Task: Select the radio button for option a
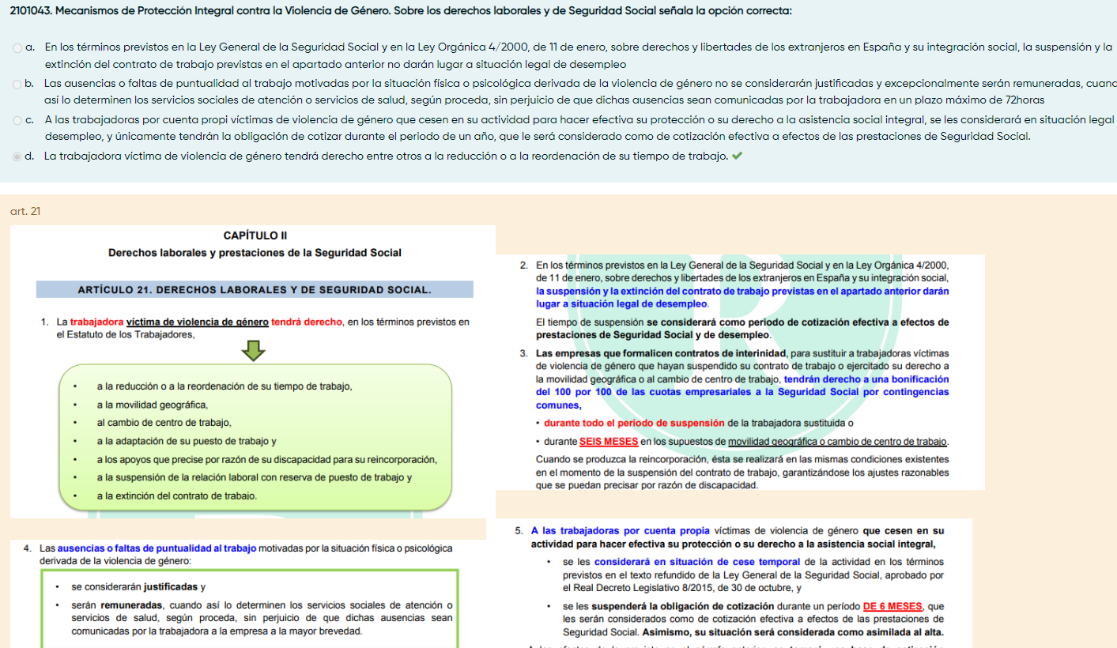(x=17, y=48)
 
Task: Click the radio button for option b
(x=17, y=83)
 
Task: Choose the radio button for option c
(x=17, y=120)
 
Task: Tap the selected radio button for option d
(x=17, y=156)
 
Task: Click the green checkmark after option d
(x=738, y=156)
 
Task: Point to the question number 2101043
(x=31, y=11)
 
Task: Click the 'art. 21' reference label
(x=25, y=211)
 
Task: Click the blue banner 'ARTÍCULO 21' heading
(x=255, y=290)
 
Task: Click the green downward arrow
(x=253, y=350)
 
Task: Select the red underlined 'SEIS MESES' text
(x=609, y=442)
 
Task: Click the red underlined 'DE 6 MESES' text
(x=892, y=607)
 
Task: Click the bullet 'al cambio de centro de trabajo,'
(x=164, y=423)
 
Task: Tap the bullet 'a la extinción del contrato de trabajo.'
(x=176, y=496)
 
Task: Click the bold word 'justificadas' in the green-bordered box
(x=172, y=587)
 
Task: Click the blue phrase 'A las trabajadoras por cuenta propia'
(x=621, y=531)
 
